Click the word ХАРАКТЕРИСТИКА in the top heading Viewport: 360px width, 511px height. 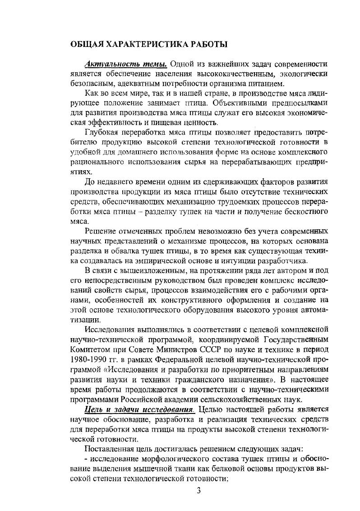point(146,44)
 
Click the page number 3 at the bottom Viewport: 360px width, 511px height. point(198,491)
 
